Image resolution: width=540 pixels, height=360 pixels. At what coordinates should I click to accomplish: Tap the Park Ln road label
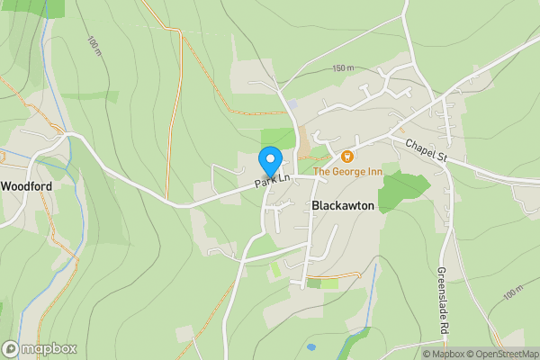272,181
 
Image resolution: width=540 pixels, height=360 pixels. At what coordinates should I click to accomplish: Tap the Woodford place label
26,186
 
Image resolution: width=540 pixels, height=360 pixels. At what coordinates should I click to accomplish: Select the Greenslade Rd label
442,301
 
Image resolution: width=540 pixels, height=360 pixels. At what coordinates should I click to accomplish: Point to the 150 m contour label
343,68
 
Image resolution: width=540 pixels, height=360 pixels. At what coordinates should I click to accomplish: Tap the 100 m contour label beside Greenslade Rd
513,292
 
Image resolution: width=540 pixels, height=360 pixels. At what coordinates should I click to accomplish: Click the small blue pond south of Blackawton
310,346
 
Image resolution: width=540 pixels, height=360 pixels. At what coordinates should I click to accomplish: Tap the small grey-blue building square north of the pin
292,104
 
